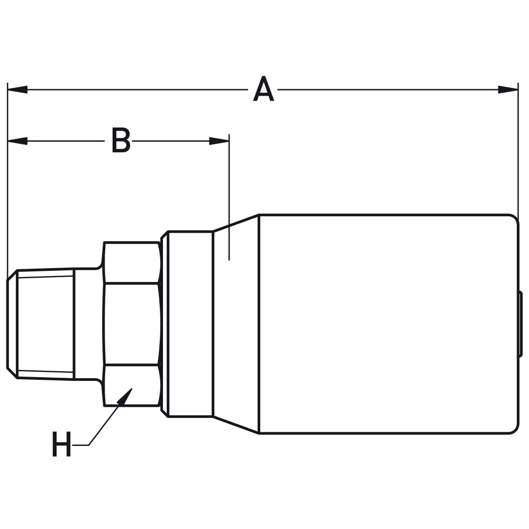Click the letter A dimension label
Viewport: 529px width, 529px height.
pos(263,90)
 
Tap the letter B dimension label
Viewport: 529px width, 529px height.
pos(121,141)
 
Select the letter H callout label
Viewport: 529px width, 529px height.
pos(61,445)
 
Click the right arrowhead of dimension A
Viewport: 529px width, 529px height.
pos(508,89)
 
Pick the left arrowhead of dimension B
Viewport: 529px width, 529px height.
pos(17,141)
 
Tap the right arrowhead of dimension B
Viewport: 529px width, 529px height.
pos(219,141)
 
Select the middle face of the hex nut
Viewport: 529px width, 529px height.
pos(132,324)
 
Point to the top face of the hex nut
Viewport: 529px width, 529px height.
pos(132,262)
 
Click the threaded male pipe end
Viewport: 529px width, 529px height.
pos(45,324)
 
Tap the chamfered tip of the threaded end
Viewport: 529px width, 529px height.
pos(12,324)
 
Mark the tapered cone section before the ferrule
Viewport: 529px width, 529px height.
pos(236,324)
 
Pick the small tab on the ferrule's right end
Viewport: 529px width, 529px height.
pos(521,324)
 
